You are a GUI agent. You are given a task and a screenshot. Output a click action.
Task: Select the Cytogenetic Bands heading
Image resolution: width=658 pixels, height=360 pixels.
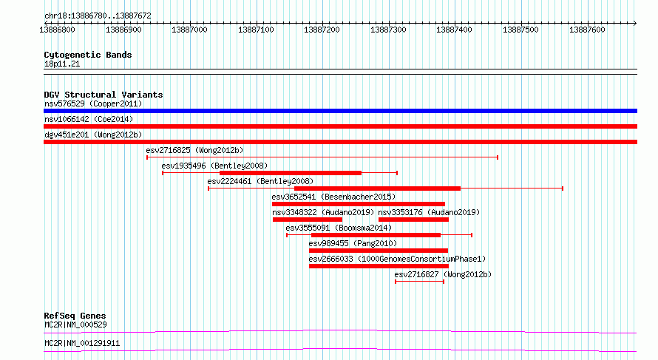point(88,55)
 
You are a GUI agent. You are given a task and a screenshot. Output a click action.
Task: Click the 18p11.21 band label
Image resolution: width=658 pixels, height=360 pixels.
point(62,64)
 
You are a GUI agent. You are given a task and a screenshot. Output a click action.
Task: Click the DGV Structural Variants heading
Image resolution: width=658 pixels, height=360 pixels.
point(104,95)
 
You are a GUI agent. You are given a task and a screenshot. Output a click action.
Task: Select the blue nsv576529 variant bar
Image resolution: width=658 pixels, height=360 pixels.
point(340,111)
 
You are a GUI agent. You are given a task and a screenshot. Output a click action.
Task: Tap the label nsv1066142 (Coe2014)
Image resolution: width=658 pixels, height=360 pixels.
point(89,119)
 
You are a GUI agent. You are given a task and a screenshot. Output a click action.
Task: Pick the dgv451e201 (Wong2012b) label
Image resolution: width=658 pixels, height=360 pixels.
point(93,135)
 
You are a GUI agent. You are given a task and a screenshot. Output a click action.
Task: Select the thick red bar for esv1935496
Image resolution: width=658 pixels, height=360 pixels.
point(291,173)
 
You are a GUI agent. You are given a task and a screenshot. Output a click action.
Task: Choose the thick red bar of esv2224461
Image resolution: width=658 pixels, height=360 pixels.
point(377,189)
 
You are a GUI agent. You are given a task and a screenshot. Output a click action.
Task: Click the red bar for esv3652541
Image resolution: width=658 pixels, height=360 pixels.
point(359,204)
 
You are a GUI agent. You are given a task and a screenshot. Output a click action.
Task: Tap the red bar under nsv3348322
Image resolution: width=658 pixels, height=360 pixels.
point(308,220)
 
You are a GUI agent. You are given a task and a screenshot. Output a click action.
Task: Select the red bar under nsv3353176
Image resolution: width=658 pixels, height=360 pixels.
point(413,220)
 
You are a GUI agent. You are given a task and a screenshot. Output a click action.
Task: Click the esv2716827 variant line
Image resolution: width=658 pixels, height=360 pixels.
point(419,282)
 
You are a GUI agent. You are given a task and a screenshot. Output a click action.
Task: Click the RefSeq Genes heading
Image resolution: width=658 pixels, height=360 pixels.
point(75,316)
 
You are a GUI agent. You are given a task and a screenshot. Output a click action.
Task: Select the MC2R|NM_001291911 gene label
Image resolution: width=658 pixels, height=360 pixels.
point(82,344)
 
